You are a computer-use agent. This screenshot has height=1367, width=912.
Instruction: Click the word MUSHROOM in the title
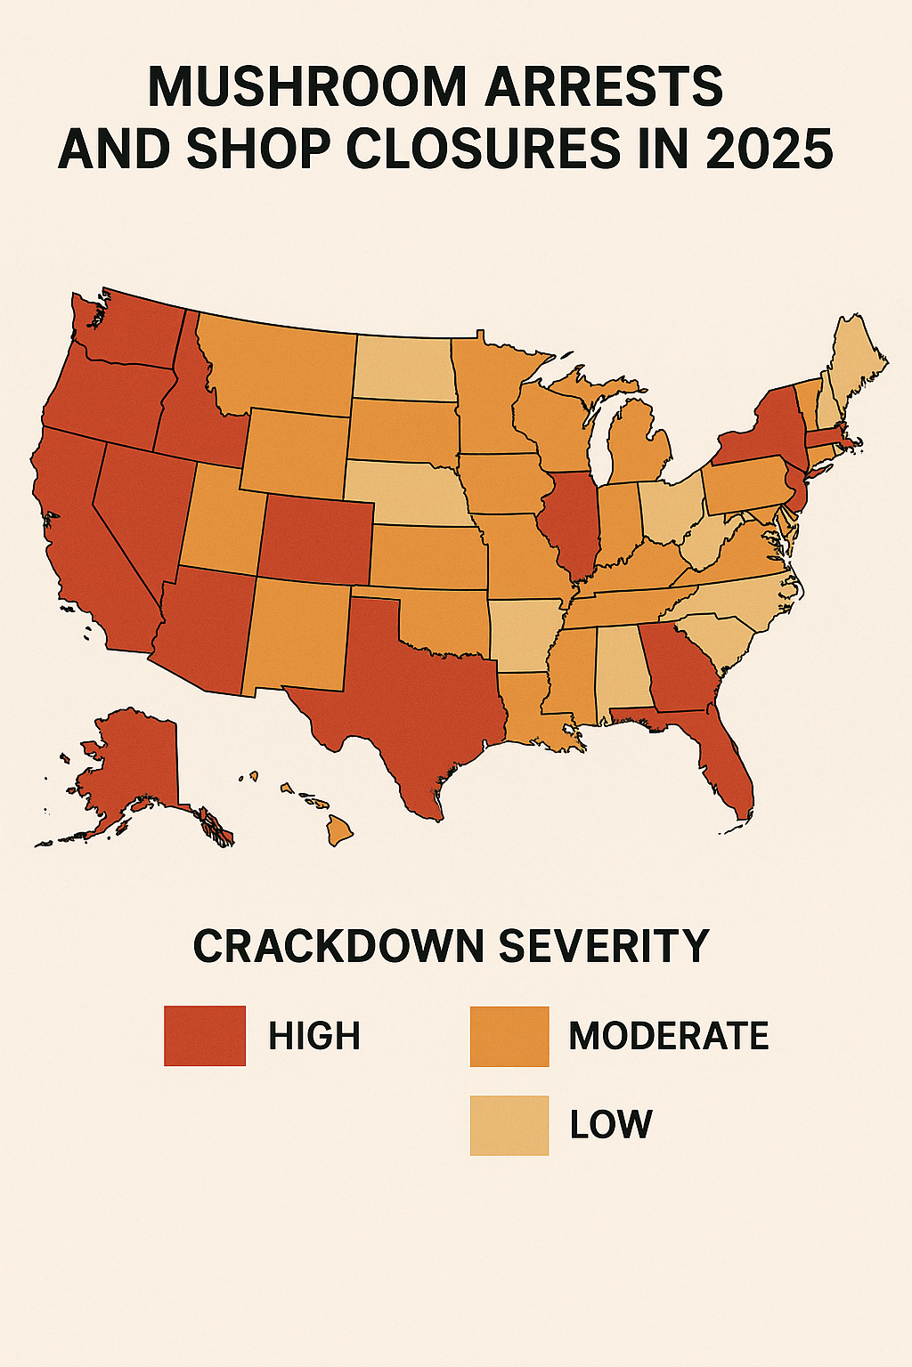306,87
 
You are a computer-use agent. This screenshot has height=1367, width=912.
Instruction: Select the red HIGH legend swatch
204,1036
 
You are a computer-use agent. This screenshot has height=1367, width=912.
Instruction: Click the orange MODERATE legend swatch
509,1036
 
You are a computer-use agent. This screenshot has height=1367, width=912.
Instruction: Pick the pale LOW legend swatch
509,1125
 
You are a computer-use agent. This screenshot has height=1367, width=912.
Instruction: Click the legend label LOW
611,1125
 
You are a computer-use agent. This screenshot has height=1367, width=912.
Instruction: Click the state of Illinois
573,525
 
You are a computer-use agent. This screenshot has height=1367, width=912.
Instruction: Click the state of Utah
218,525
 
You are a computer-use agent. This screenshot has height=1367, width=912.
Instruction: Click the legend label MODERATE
668,1036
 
